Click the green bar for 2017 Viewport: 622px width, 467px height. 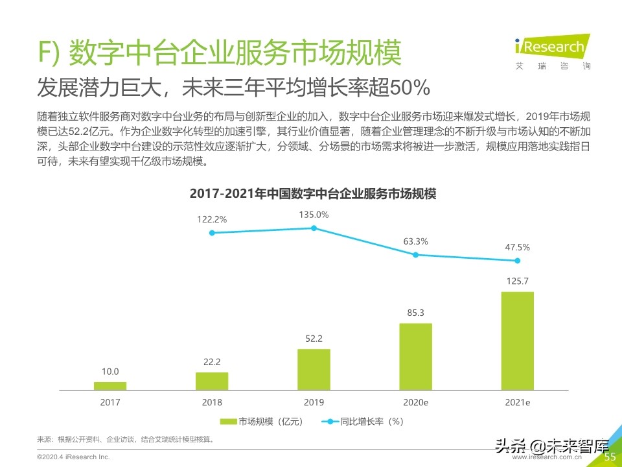coord(110,385)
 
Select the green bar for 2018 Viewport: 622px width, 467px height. coord(212,381)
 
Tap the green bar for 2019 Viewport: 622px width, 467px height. coord(314,369)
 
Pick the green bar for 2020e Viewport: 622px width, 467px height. coord(415,356)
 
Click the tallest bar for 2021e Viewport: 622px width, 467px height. coord(517,341)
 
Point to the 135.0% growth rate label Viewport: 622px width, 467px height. coord(314,215)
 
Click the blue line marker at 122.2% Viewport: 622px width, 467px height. coord(212,232)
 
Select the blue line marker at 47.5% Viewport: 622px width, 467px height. coord(517,261)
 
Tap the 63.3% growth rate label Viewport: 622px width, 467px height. coord(415,241)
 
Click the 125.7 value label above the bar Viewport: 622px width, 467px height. coord(517,281)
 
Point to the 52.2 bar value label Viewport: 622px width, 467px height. coord(314,339)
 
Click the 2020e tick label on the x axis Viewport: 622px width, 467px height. coord(415,403)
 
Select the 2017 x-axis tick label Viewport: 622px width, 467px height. coord(110,403)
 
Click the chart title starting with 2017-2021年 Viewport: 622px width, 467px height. coord(313,194)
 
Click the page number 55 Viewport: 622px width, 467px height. coord(610,457)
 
